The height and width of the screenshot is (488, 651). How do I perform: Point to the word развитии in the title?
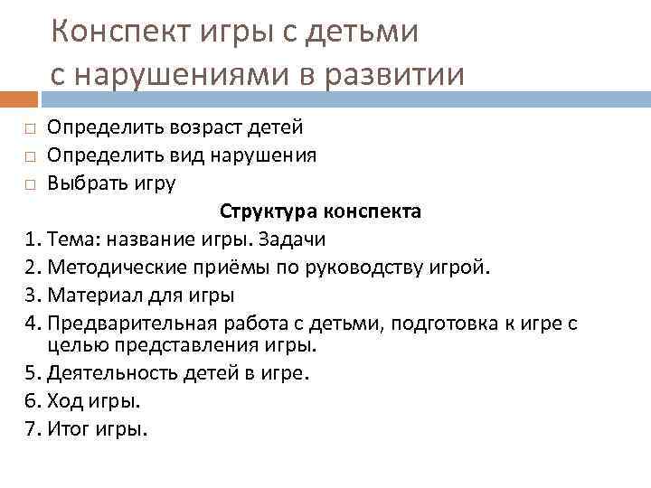pos(397,74)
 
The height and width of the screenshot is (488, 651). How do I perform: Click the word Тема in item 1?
pos(69,239)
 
